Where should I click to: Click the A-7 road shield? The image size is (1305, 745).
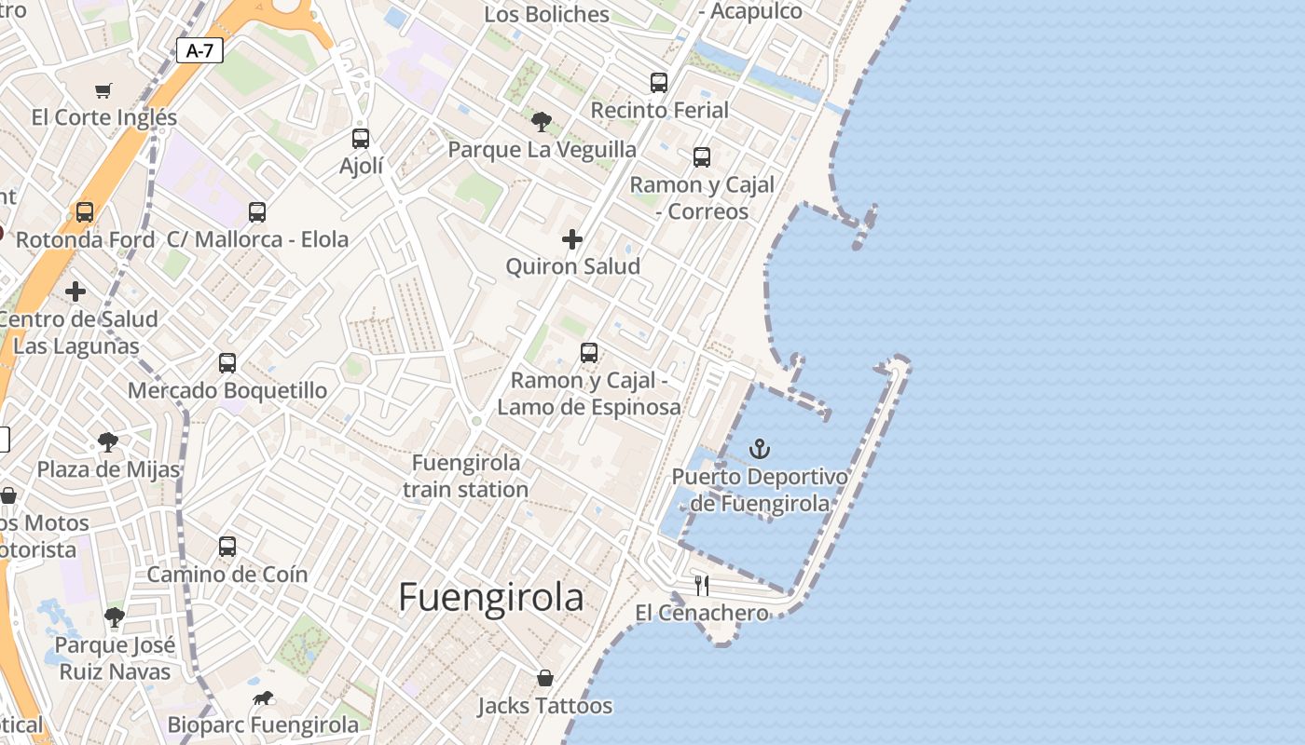(199, 50)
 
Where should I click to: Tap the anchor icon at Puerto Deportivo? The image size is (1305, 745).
(760, 450)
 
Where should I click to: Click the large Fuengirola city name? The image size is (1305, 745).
(491, 598)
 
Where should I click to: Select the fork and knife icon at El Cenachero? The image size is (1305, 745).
(702, 586)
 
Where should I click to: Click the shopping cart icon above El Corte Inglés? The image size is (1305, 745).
(103, 90)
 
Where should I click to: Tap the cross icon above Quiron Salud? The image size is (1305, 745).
(572, 240)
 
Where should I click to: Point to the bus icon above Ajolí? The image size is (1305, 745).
(361, 139)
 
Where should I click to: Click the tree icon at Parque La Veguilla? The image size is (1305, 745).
(541, 121)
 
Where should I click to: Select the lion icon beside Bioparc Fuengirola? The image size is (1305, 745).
(263, 698)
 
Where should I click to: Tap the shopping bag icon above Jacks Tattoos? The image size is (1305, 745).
(545, 678)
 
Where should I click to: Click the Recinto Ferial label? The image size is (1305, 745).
(660, 110)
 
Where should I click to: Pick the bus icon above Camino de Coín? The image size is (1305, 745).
(227, 547)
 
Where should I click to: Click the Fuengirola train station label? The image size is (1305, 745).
(466, 475)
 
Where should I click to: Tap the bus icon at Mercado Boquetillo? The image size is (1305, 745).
(227, 363)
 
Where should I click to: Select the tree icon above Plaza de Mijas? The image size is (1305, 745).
(108, 441)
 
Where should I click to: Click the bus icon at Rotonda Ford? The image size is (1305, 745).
(85, 212)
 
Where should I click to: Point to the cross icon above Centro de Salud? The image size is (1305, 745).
(76, 292)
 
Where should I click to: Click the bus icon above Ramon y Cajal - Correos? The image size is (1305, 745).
(702, 157)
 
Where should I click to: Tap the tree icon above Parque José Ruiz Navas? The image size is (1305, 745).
(115, 616)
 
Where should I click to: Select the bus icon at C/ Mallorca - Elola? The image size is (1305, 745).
(257, 212)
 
